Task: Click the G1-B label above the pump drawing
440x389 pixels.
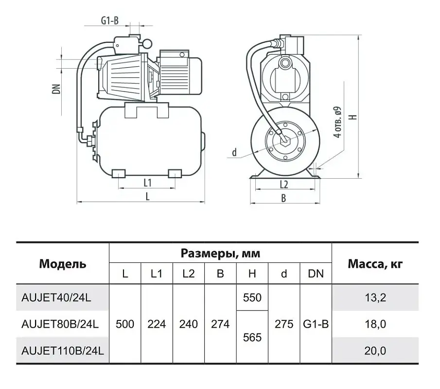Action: point(110,20)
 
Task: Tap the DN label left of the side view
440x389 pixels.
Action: point(57,89)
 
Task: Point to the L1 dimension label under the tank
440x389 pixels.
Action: point(148,183)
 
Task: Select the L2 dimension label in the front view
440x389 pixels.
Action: point(284,185)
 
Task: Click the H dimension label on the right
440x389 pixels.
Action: point(354,117)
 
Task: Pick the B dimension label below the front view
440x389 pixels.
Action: point(284,199)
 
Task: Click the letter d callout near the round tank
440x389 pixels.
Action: point(234,152)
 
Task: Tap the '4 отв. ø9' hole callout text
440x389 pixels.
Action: point(338,122)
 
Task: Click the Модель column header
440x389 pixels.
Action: point(63,264)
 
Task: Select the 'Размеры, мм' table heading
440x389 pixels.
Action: point(220,254)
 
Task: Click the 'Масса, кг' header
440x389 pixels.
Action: point(375,264)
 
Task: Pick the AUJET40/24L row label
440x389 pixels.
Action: point(56,297)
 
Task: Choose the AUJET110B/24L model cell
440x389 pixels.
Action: point(63,351)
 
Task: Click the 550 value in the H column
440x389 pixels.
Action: point(252,297)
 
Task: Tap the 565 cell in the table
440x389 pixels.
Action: point(252,337)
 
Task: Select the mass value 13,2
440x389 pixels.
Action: point(375,297)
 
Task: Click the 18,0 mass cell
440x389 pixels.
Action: point(375,324)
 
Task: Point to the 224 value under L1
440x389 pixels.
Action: point(157,324)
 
